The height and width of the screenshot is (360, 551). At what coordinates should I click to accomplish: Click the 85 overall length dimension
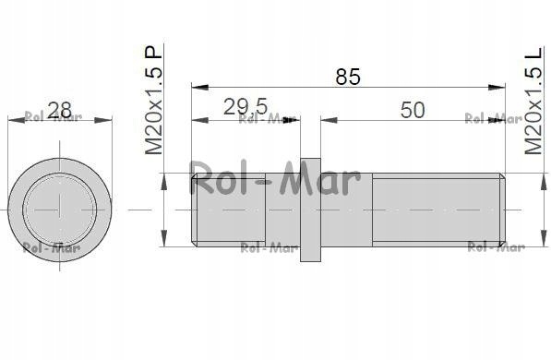tap(348, 77)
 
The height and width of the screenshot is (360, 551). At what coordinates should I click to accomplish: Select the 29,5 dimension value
tap(246, 107)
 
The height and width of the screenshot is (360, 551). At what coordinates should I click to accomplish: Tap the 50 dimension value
tap(413, 110)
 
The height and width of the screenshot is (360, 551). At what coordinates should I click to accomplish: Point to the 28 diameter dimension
tap(59, 111)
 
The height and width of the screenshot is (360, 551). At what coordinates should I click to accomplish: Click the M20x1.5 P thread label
tap(153, 100)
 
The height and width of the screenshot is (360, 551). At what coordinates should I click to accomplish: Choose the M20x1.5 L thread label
tap(533, 100)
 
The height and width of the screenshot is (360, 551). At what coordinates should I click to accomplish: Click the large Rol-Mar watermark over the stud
tap(275, 180)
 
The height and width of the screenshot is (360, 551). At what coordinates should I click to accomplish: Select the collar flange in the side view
tap(310, 210)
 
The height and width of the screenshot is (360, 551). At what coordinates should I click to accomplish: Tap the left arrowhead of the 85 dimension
tap(200, 87)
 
